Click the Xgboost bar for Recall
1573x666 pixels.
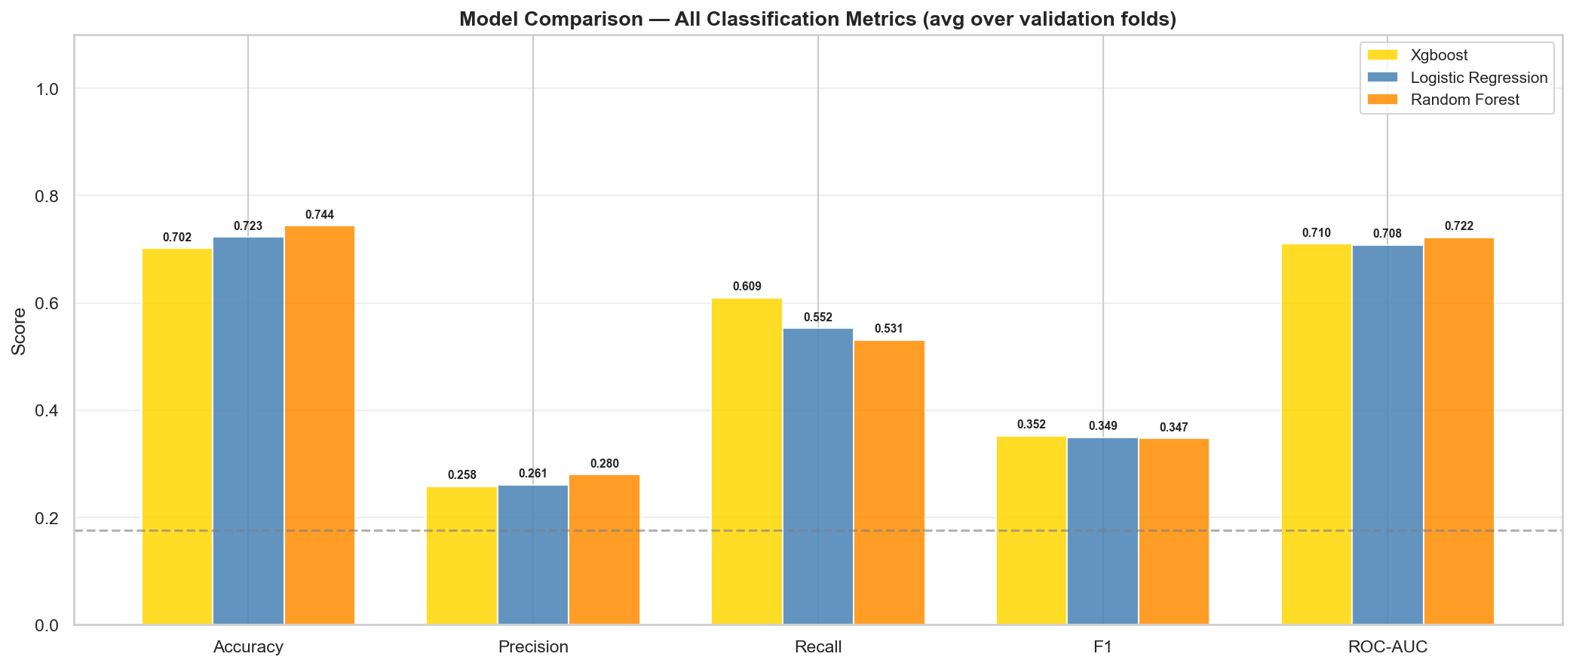click(x=747, y=462)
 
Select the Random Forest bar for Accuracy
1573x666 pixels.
click(x=319, y=425)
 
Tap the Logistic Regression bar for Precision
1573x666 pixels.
click(x=532, y=555)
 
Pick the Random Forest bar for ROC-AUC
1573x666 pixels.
click(x=1458, y=431)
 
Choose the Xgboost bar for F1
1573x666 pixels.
click(x=1031, y=531)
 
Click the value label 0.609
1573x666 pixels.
click(x=747, y=287)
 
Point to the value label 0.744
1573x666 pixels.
click(x=319, y=215)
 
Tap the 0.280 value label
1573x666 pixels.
click(x=604, y=464)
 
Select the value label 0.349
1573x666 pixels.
click(x=1102, y=426)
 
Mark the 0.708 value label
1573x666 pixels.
click(x=1387, y=234)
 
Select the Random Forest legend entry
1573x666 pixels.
click(x=1464, y=100)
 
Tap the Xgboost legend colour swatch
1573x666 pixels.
click(x=1382, y=55)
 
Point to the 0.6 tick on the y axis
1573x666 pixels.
click(x=47, y=303)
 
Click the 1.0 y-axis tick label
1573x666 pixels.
click(x=47, y=89)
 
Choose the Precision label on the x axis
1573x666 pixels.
click(x=533, y=647)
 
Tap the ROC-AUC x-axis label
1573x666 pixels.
click(x=1387, y=647)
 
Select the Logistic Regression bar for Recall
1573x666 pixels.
click(x=817, y=477)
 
